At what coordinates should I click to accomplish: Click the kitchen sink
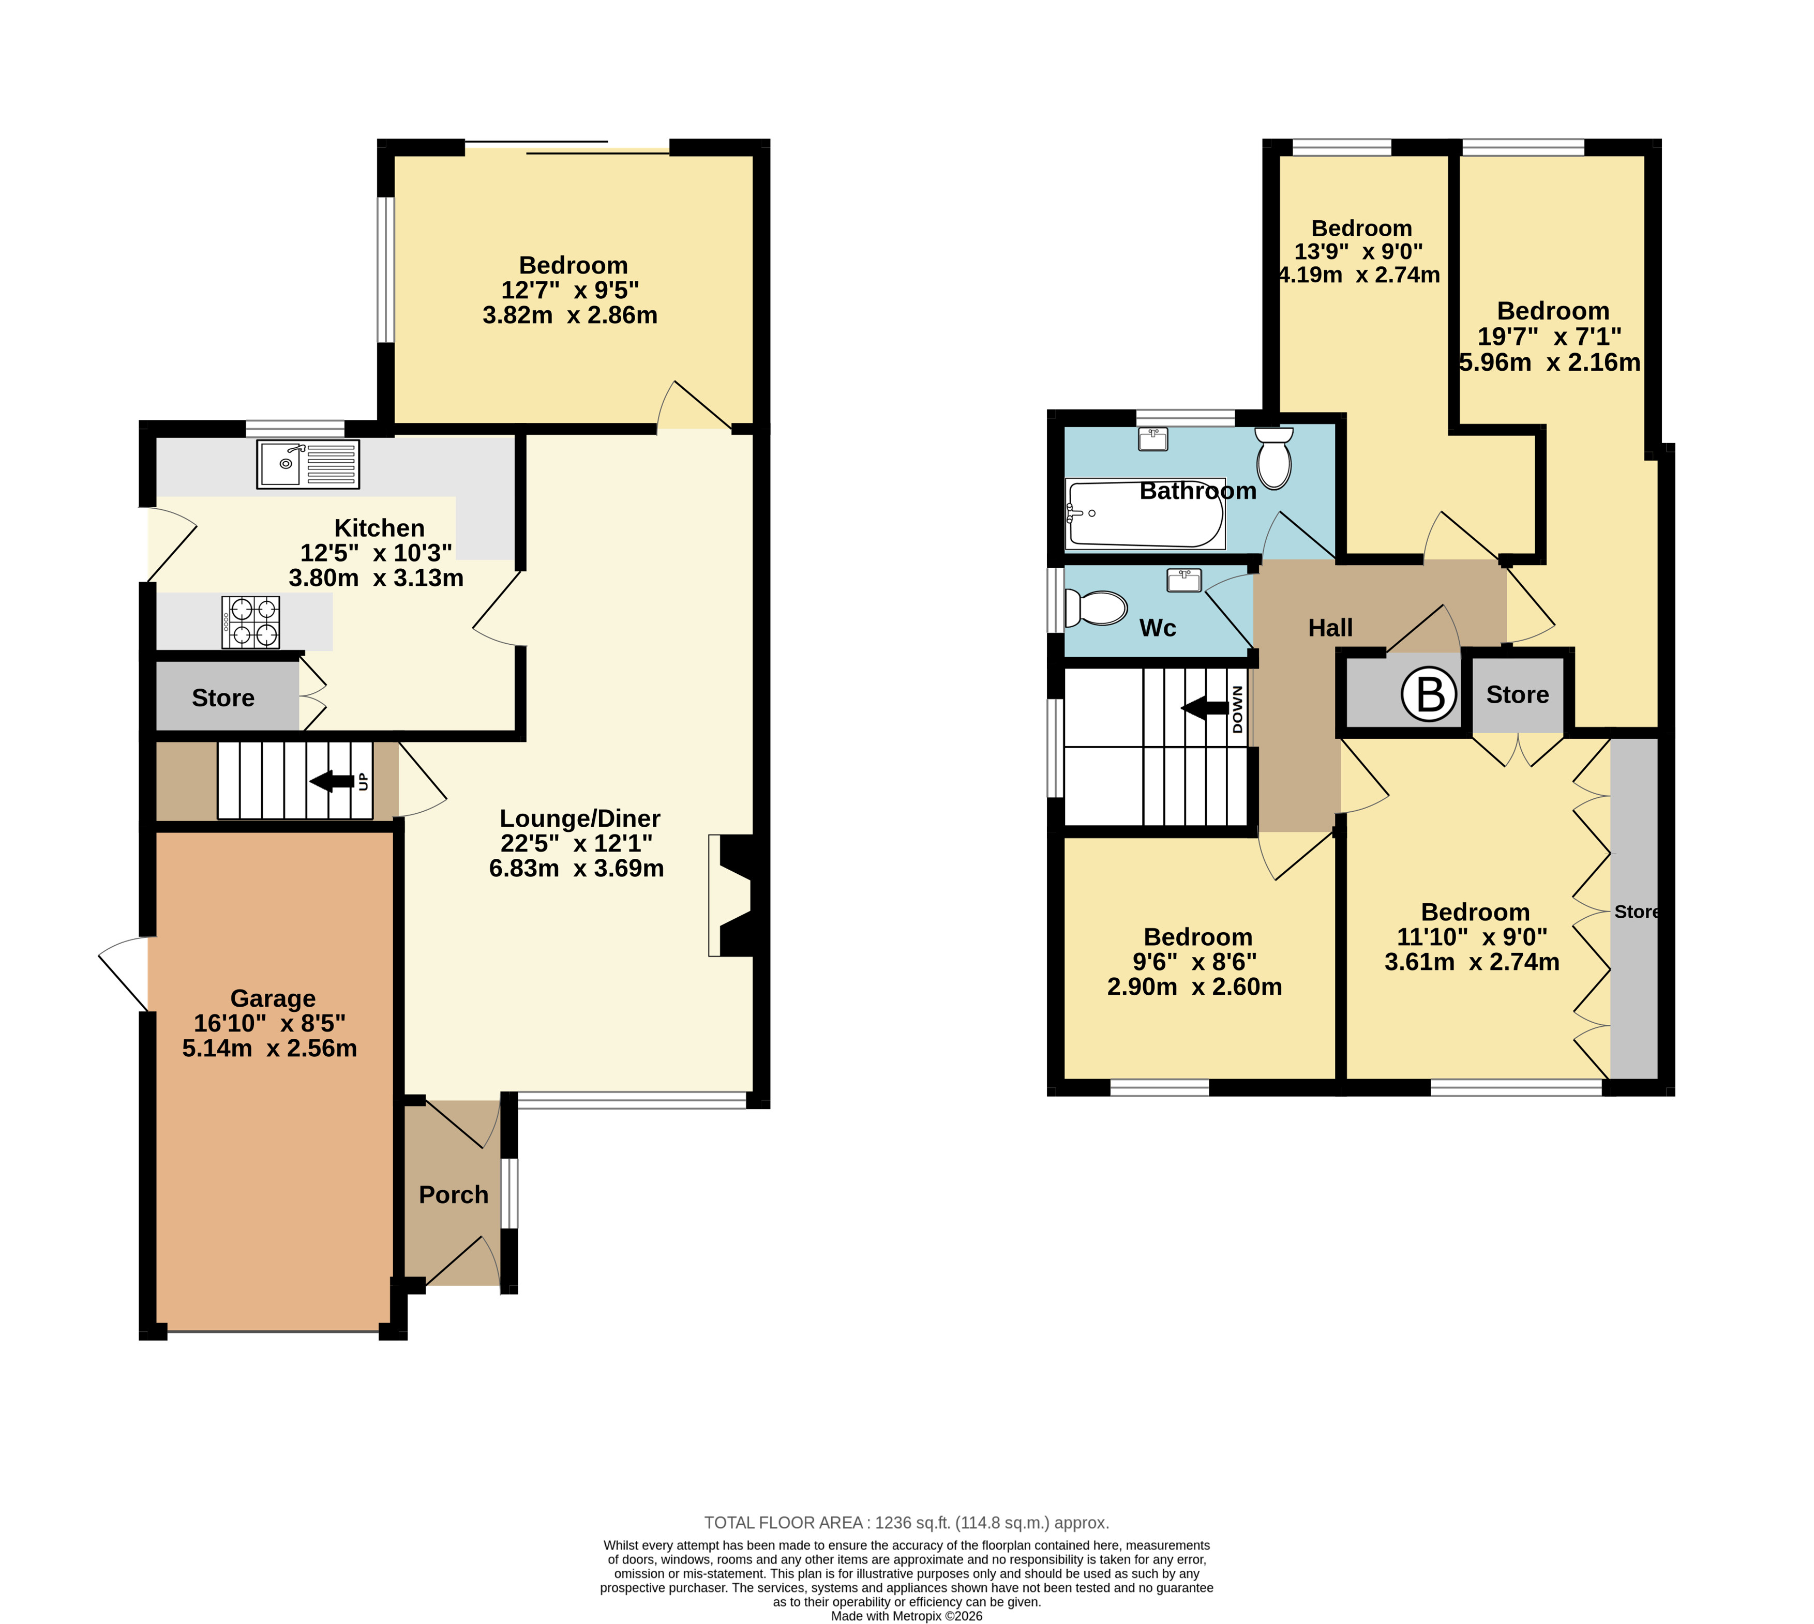[308, 464]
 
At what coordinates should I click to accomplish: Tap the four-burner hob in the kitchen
[251, 622]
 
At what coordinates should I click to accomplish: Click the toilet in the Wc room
[1096, 609]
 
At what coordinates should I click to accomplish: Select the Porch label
[454, 1195]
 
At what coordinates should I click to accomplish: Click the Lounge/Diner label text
[580, 818]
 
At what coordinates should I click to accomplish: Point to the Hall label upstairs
[1330, 628]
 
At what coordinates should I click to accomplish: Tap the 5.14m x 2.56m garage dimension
[269, 1049]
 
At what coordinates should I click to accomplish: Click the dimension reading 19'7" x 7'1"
[1550, 337]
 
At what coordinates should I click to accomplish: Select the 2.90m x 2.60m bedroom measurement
[1194, 987]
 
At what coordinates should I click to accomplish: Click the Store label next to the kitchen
[223, 698]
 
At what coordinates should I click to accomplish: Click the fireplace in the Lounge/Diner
[732, 895]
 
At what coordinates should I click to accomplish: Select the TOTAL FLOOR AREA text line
[906, 1523]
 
